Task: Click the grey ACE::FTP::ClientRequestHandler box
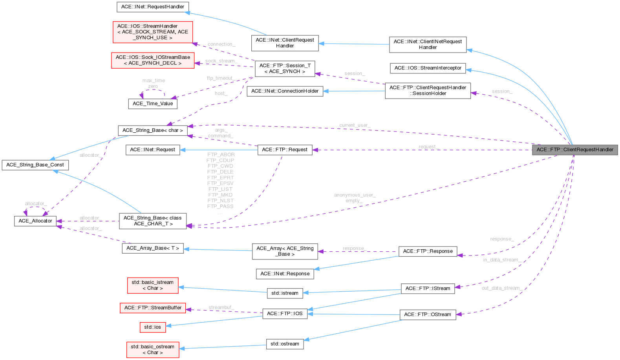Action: tap(574, 150)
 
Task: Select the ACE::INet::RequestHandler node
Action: tap(152, 7)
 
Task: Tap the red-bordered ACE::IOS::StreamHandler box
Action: tap(152, 32)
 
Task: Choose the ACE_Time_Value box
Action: tap(152, 104)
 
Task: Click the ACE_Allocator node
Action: tap(35, 221)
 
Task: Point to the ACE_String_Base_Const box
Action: tap(35, 165)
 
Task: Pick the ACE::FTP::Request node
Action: tap(284, 150)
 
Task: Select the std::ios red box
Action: tap(152, 327)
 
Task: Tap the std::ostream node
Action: tap(284, 344)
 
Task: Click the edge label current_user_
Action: tap(354, 126)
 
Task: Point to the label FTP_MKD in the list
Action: tap(220, 195)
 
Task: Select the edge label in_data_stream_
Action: tap(501, 260)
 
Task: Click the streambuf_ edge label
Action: tap(221, 307)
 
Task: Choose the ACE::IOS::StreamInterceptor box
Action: tap(428, 68)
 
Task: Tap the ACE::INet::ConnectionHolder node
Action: tap(285, 91)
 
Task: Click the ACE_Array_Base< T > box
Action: tap(152, 248)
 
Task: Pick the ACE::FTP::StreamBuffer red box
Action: tap(152, 308)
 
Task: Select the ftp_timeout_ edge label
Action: tap(221, 79)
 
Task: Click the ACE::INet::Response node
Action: tap(285, 274)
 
